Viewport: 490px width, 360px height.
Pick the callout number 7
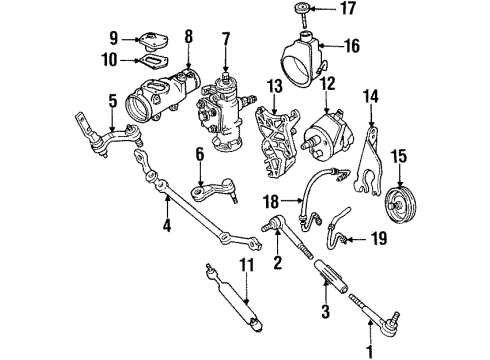(226, 39)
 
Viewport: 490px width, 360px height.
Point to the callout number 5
(112, 100)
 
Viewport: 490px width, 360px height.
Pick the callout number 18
(268, 201)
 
